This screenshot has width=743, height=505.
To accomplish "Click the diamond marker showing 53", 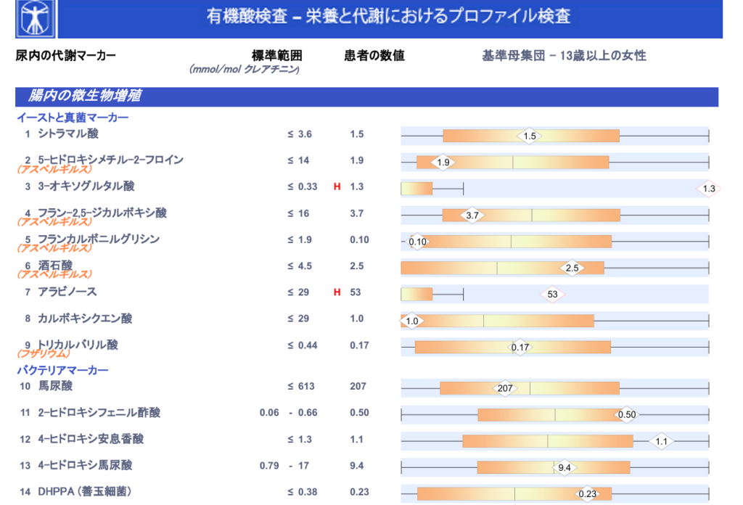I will pyautogui.click(x=552, y=294).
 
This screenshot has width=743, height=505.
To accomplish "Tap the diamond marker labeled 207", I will pyautogui.click(x=505, y=388).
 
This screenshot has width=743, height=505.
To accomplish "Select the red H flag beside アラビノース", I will pyautogui.click(x=337, y=292).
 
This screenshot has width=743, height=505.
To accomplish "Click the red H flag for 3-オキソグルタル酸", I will pyautogui.click(x=337, y=187).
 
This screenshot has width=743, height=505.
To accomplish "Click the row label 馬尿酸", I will pyautogui.click(x=55, y=387).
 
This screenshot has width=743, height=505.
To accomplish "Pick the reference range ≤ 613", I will pyautogui.click(x=301, y=387).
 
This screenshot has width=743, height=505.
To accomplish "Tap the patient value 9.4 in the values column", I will pyautogui.click(x=356, y=466).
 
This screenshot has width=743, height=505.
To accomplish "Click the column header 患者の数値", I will pyautogui.click(x=374, y=56).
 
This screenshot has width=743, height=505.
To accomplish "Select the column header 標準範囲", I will pyautogui.click(x=276, y=56).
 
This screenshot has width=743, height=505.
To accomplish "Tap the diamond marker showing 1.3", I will pyautogui.click(x=709, y=189).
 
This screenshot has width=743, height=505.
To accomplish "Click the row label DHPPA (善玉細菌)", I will pyautogui.click(x=85, y=492).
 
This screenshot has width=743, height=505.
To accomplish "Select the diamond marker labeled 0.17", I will pyautogui.click(x=520, y=348).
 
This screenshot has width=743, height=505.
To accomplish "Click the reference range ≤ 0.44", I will pyautogui.click(x=303, y=345).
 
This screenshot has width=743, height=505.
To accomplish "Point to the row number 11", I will pyautogui.click(x=25, y=413).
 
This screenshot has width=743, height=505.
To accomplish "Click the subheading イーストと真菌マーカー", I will pyautogui.click(x=73, y=118).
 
